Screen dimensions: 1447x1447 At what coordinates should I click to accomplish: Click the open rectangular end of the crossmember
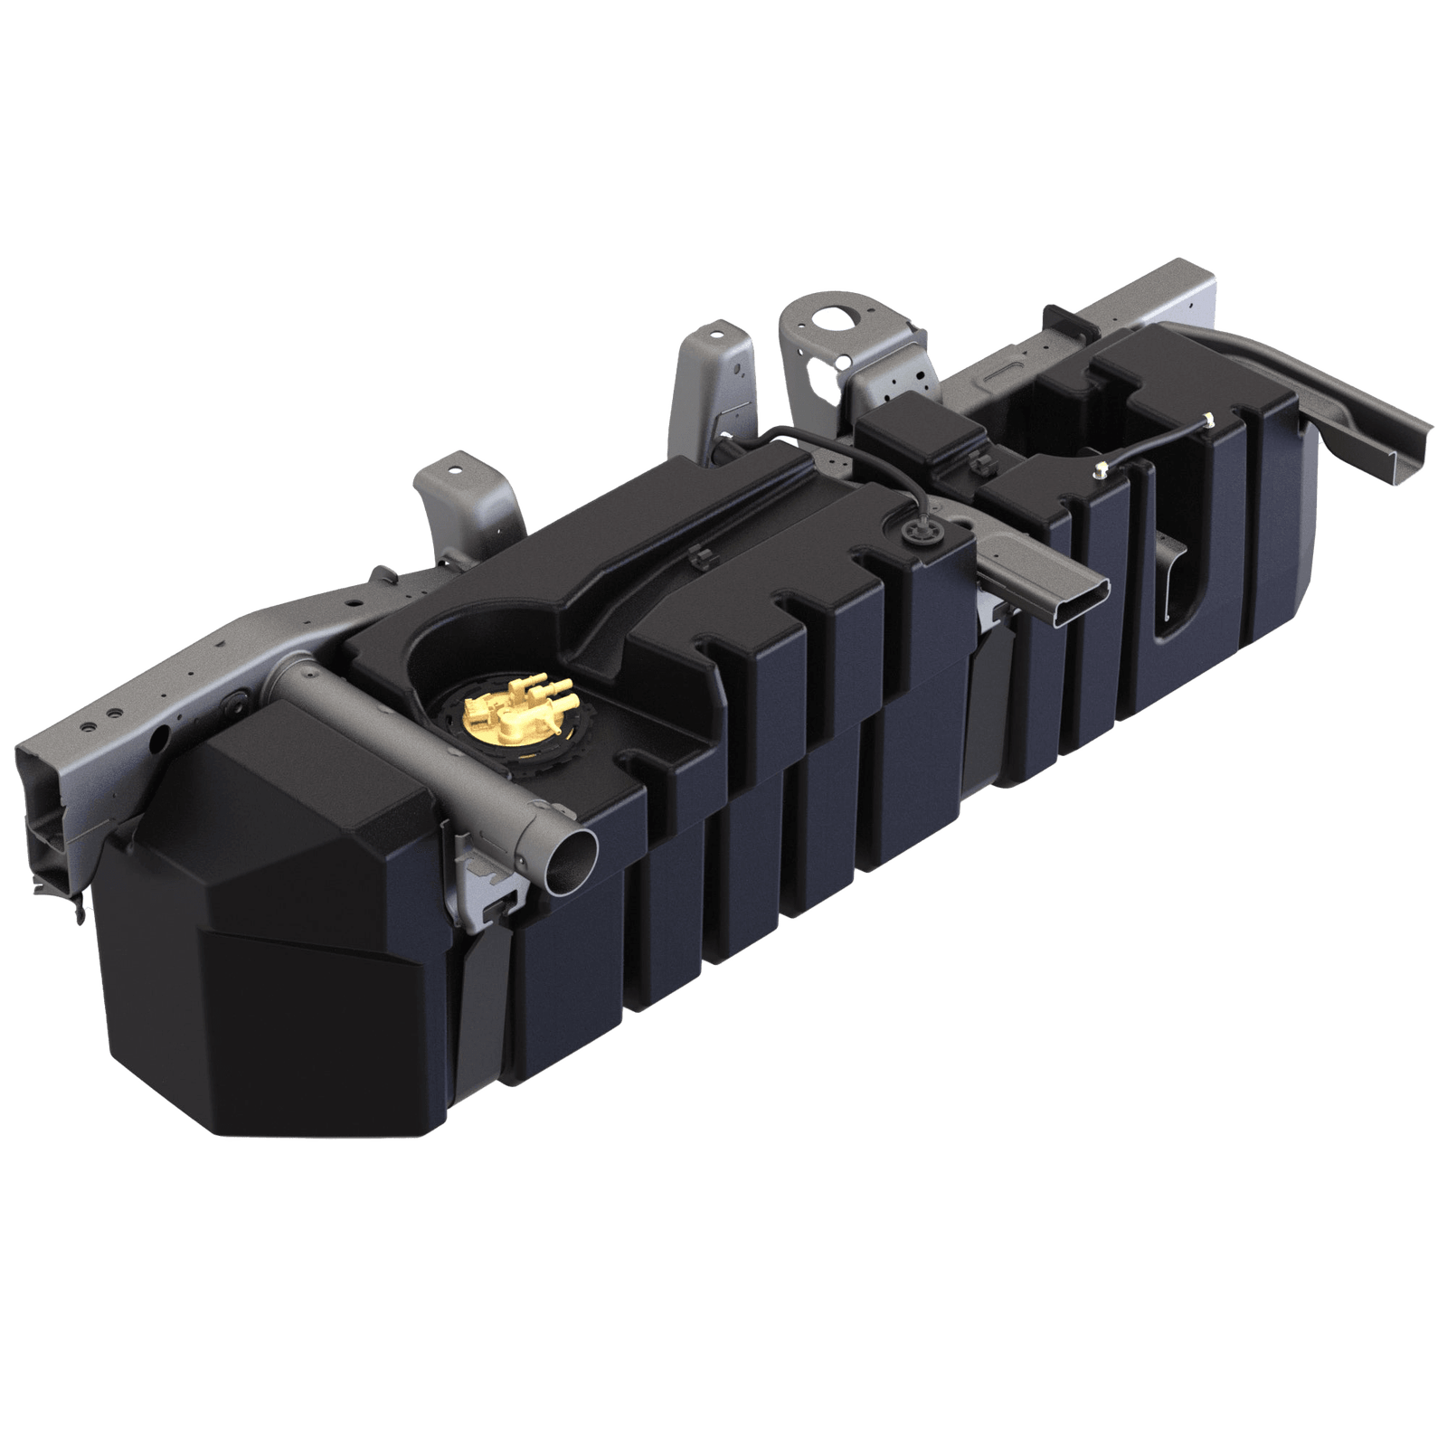click(x=1075, y=604)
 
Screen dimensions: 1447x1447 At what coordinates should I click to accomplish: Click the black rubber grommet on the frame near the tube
click(x=237, y=700)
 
